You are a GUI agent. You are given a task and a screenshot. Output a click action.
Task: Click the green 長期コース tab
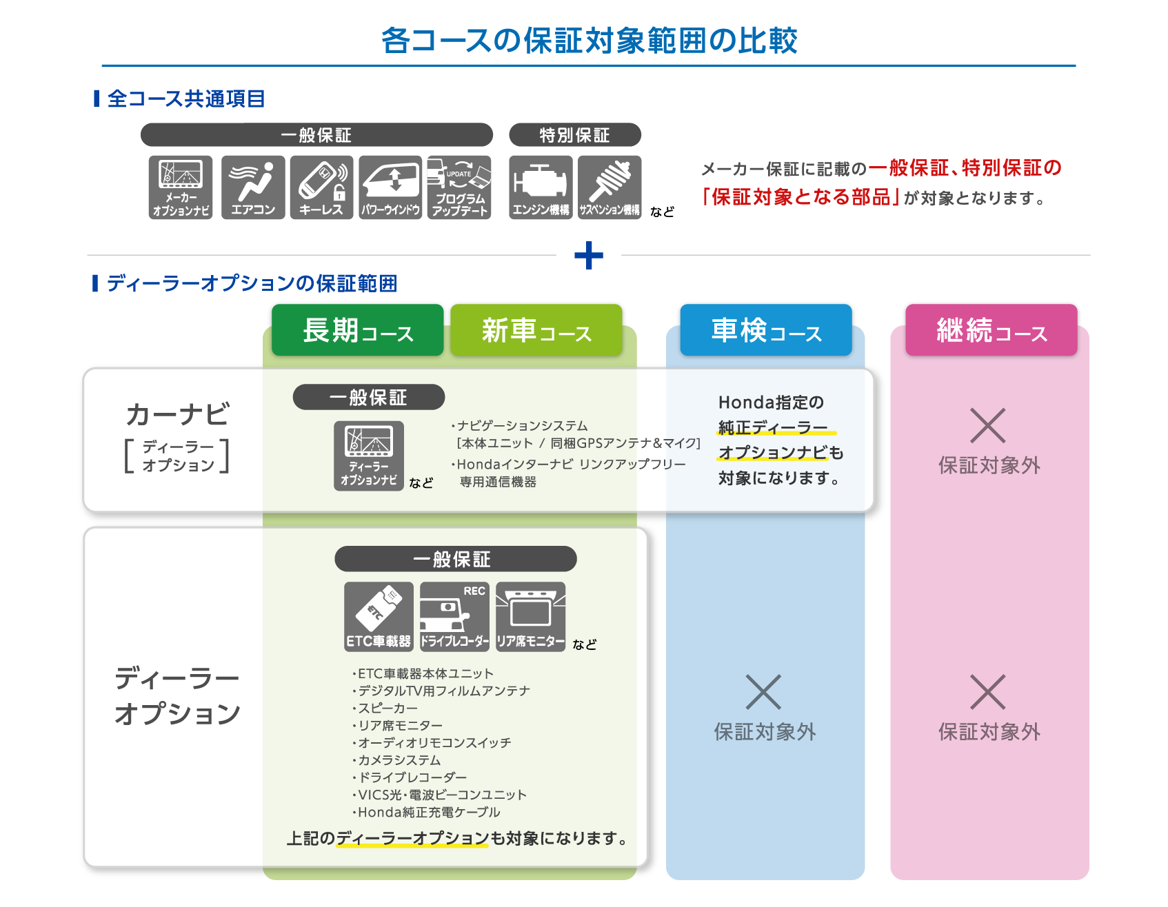(x=357, y=330)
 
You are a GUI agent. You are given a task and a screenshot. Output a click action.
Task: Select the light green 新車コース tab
(x=536, y=330)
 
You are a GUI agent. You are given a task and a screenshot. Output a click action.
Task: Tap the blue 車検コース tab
(x=765, y=330)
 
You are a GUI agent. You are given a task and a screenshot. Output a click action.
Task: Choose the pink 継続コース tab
(x=991, y=330)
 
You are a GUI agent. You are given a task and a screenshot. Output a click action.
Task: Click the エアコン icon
(x=253, y=187)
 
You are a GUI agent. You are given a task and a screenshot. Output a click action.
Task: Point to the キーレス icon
(x=321, y=187)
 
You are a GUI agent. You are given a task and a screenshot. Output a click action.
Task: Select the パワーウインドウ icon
(x=390, y=187)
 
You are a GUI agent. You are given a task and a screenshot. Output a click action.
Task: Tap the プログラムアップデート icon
(x=459, y=187)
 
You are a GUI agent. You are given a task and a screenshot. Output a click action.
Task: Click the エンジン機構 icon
(x=541, y=187)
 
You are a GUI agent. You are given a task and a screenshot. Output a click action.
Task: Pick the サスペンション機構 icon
(x=610, y=187)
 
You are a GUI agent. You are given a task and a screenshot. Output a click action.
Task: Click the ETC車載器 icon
(x=379, y=616)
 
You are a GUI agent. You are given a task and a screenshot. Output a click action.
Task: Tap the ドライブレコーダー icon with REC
(x=454, y=616)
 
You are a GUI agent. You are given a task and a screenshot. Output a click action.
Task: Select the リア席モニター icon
(x=530, y=616)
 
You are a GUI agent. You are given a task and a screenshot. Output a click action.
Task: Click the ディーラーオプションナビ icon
(x=369, y=456)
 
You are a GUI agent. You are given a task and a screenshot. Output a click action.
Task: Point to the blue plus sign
(x=589, y=256)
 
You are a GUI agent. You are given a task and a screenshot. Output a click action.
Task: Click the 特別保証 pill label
(x=574, y=135)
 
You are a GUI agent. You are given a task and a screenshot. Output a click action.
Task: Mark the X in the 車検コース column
(x=763, y=692)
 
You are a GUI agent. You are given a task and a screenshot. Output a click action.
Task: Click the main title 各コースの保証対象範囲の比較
(x=589, y=41)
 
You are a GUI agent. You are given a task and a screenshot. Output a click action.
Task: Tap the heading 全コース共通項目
(x=186, y=99)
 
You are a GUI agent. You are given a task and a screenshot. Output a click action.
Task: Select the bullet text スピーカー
(x=387, y=709)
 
